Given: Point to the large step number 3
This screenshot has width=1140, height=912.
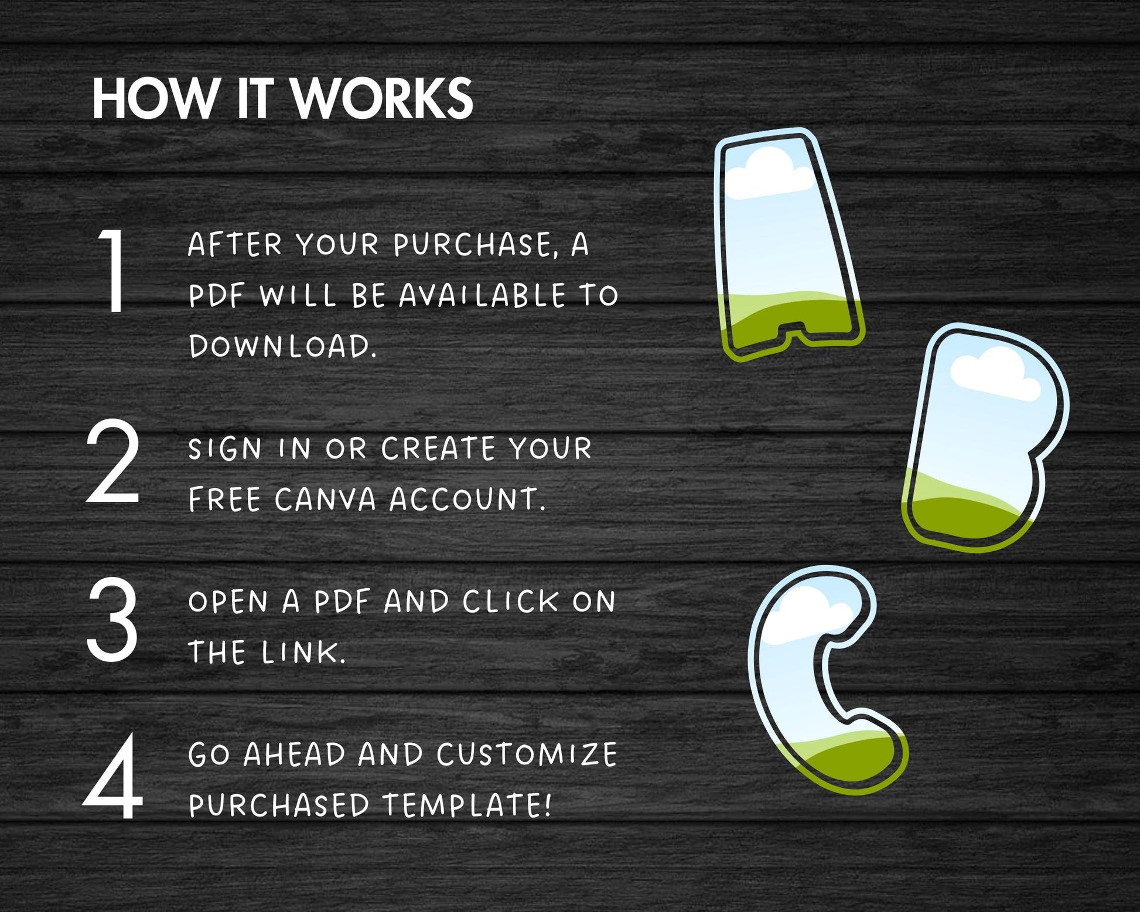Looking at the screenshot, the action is pyautogui.click(x=112, y=619).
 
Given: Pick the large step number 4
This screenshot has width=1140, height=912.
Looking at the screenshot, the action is pyautogui.click(x=113, y=776).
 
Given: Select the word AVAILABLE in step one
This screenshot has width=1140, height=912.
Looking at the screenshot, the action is pyautogui.click(x=483, y=295).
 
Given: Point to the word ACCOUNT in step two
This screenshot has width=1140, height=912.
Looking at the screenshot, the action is pyautogui.click(x=467, y=500).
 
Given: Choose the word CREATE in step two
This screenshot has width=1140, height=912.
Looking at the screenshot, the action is pyautogui.click(x=438, y=449).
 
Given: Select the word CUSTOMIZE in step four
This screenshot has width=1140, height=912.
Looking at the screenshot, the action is pyautogui.click(x=527, y=754).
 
